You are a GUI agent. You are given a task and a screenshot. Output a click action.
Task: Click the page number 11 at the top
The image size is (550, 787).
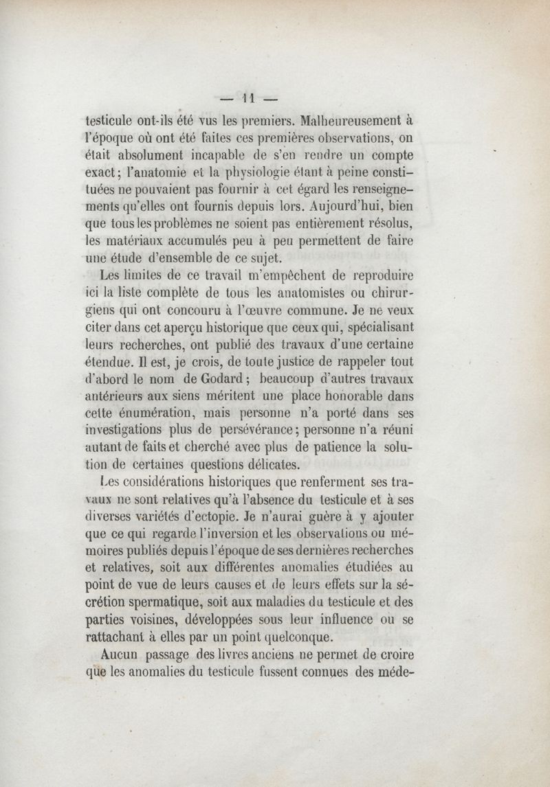(247, 96)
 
